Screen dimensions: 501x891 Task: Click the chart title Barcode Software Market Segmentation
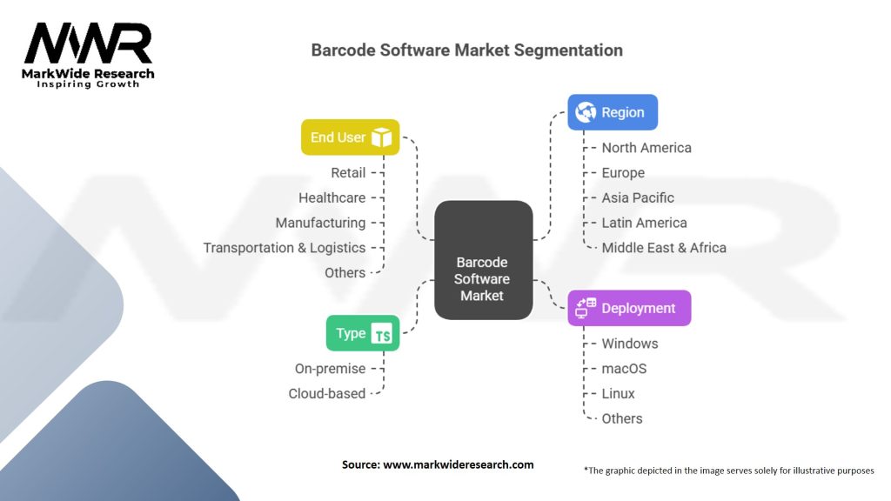pyautogui.click(x=466, y=50)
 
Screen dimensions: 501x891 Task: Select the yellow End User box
pyautogui.click(x=350, y=137)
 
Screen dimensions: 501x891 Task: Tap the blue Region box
pyautogui.click(x=613, y=112)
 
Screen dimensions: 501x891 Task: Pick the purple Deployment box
pyautogui.click(x=629, y=308)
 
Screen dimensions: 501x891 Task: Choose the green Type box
pyautogui.click(x=362, y=333)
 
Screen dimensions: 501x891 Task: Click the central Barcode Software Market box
pyautogui.click(x=483, y=278)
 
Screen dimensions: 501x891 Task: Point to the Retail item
pyautogui.click(x=348, y=173)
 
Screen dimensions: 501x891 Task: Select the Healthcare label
pyautogui.click(x=332, y=198)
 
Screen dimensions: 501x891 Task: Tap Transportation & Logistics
pyautogui.click(x=285, y=248)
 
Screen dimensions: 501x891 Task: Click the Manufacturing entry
pyautogui.click(x=320, y=223)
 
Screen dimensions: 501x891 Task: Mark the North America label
pyautogui.click(x=646, y=148)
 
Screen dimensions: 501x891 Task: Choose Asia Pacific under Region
pyautogui.click(x=638, y=197)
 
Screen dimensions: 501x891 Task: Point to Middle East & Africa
pyautogui.click(x=664, y=248)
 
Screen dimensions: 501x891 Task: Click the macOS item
pyautogui.click(x=624, y=369)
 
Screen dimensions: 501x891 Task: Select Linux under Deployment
pyautogui.click(x=619, y=393)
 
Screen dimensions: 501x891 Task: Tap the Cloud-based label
pyautogui.click(x=327, y=393)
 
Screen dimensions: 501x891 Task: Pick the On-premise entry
pyautogui.click(x=330, y=369)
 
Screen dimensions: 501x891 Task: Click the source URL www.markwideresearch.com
pyautogui.click(x=459, y=464)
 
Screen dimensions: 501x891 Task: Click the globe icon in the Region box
pyautogui.click(x=586, y=112)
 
